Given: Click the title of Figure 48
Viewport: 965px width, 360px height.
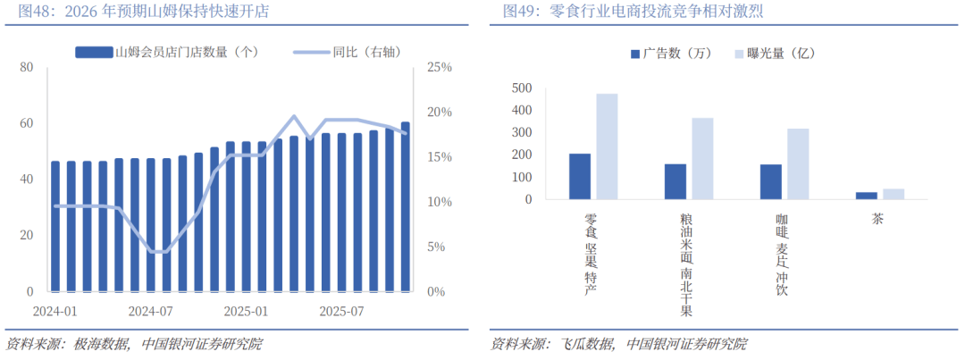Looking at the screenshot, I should [x=138, y=13].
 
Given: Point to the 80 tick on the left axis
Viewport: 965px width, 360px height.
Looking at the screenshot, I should [x=27, y=68].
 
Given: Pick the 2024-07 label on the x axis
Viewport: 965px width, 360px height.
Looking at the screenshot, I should [x=150, y=312].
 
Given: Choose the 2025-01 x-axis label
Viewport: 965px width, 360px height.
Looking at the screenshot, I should [x=247, y=312].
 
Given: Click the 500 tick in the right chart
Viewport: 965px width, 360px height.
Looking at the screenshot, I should [x=522, y=88].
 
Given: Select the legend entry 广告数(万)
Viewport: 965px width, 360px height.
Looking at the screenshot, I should [x=670, y=54].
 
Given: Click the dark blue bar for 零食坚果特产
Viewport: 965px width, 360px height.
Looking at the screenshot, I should [x=580, y=176].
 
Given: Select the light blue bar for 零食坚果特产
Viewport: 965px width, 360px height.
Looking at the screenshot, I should [x=607, y=147].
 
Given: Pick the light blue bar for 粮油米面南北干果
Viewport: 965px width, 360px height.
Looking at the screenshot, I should [x=702, y=158].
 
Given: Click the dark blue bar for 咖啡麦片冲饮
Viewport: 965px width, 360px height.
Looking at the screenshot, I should [x=771, y=181].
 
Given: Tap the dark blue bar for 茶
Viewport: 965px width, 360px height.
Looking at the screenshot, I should [x=867, y=196].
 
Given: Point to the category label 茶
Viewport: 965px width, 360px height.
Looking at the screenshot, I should [x=878, y=218].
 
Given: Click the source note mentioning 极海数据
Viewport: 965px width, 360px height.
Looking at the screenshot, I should [x=134, y=345].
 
